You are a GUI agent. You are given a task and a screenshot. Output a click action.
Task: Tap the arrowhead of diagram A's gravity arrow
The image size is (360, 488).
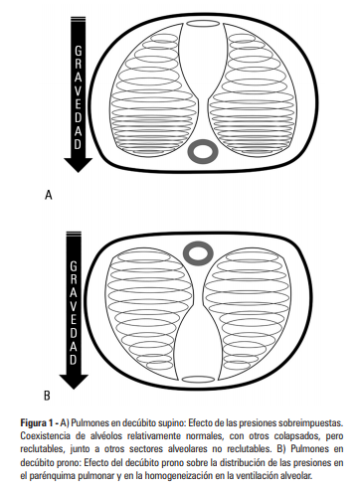(79, 165)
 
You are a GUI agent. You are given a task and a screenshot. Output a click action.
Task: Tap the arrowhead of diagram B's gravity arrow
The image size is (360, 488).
(74, 382)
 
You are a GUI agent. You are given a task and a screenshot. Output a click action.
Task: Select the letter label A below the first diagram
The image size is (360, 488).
(49, 195)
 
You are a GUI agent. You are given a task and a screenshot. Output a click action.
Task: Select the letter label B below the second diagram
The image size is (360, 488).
(47, 396)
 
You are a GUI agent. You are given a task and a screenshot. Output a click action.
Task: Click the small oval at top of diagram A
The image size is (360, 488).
(203, 24)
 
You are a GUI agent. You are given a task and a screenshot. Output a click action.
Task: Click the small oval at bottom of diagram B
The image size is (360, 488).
(199, 380)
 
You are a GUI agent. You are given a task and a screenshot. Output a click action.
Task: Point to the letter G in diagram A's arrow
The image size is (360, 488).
(79, 52)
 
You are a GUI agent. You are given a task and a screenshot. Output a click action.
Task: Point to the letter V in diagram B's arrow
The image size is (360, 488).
(74, 306)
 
